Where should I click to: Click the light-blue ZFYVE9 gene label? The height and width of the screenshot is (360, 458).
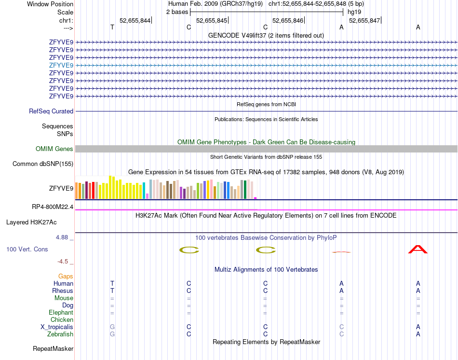(x=61, y=65)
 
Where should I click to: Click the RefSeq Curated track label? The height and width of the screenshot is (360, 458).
(x=51, y=111)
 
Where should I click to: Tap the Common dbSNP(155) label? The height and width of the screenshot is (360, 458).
(x=43, y=164)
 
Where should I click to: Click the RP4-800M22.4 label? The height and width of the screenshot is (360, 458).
(x=53, y=207)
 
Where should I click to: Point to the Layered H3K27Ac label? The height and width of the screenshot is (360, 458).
(x=31, y=222)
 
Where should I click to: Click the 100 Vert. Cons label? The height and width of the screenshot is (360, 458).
(x=27, y=249)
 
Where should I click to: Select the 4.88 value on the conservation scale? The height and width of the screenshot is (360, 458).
(x=63, y=237)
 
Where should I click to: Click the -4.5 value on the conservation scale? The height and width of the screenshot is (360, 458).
(x=63, y=262)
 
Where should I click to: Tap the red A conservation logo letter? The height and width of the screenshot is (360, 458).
(x=418, y=249)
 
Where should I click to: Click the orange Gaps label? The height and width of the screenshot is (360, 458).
(x=66, y=276)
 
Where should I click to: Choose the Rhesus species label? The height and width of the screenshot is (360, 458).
(x=63, y=291)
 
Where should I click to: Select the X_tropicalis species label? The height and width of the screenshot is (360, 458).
(x=57, y=327)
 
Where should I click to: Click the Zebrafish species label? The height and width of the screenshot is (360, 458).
(x=60, y=334)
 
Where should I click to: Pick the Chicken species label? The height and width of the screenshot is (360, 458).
(x=62, y=319)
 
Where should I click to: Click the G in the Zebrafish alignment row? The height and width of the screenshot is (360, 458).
(x=112, y=334)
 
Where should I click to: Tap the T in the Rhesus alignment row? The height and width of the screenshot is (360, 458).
(x=112, y=291)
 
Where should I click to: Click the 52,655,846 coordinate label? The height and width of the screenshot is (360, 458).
(x=288, y=21)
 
